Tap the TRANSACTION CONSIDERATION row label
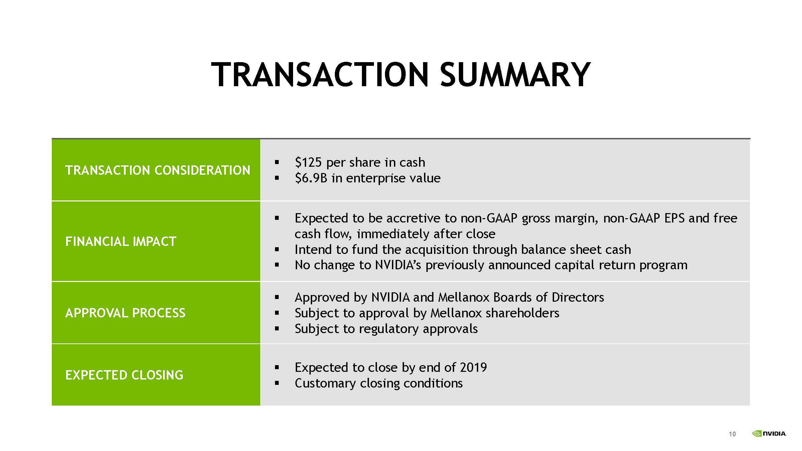coord(158,170)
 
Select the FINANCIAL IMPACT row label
coord(121,242)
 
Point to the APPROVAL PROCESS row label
coord(125,313)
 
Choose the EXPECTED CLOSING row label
coord(124,375)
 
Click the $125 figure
coord(308,162)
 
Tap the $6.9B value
coord(311,178)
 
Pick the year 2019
coord(474,367)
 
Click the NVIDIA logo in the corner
coord(769,434)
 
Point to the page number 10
coord(732,434)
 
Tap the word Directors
coord(578,297)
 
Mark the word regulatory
coord(389,329)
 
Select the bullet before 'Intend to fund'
coord(277,249)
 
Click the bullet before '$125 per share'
coord(277,162)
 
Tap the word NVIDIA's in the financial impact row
coord(398,265)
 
